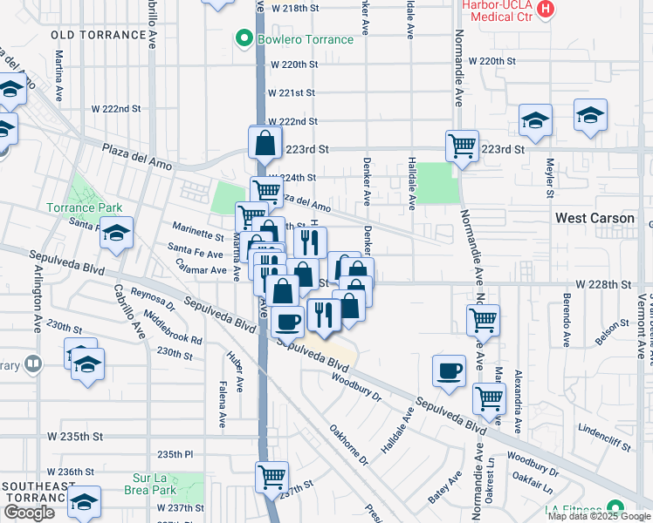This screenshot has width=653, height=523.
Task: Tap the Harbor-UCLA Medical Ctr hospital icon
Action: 546,10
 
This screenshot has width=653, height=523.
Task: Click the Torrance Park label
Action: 84,208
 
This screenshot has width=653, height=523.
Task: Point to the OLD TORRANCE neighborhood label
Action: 99,35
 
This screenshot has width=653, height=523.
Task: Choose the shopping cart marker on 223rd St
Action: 462,145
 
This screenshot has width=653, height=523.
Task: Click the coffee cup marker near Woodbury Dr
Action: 450,371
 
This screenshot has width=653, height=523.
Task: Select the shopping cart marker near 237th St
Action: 272,477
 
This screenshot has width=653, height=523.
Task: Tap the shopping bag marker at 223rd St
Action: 265,142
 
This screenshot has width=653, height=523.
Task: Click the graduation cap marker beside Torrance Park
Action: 115,232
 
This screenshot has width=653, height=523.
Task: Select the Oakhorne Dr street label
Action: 348,445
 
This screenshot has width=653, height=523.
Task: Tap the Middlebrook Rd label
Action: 173,327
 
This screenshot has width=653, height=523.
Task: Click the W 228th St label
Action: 602,285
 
